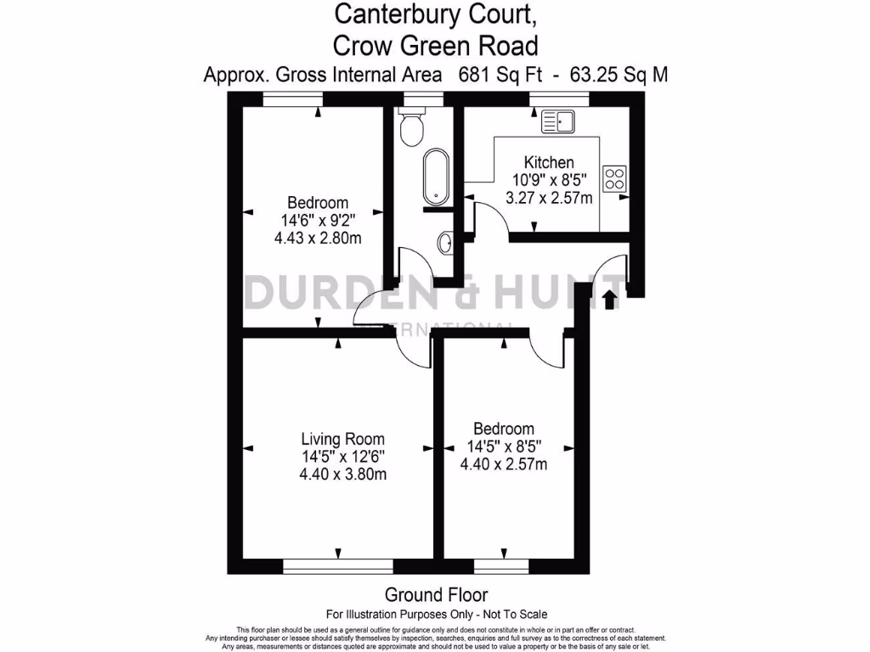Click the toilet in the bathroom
tap(414, 128)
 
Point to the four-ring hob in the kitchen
tap(614, 179)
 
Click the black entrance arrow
tap(608, 300)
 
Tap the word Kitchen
tap(548, 162)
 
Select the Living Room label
tap(342, 439)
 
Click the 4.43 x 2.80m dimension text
tap(318, 238)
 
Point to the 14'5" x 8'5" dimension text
tap(504, 446)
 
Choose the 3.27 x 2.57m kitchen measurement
tap(548, 197)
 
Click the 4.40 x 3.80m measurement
tap(342, 475)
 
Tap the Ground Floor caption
tap(436, 594)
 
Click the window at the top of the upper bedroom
tap(292, 99)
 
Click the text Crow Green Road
tap(436, 43)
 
